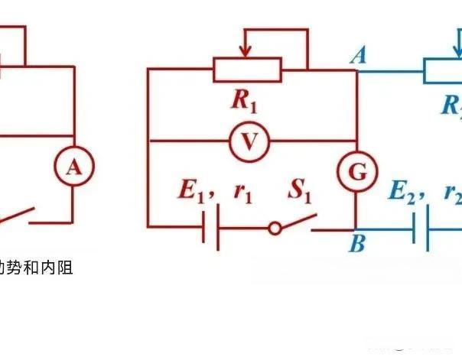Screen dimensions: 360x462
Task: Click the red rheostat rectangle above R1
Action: click(x=248, y=70)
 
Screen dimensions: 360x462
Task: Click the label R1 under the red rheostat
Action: click(x=245, y=99)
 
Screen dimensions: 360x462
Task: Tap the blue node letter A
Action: click(x=356, y=56)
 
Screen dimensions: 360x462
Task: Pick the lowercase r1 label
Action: click(x=242, y=193)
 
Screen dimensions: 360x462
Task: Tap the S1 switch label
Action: click(x=301, y=191)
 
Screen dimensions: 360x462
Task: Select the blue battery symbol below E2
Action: click(x=421, y=227)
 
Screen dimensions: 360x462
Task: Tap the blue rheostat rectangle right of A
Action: click(x=444, y=71)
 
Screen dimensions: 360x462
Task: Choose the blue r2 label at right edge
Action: click(x=453, y=193)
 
